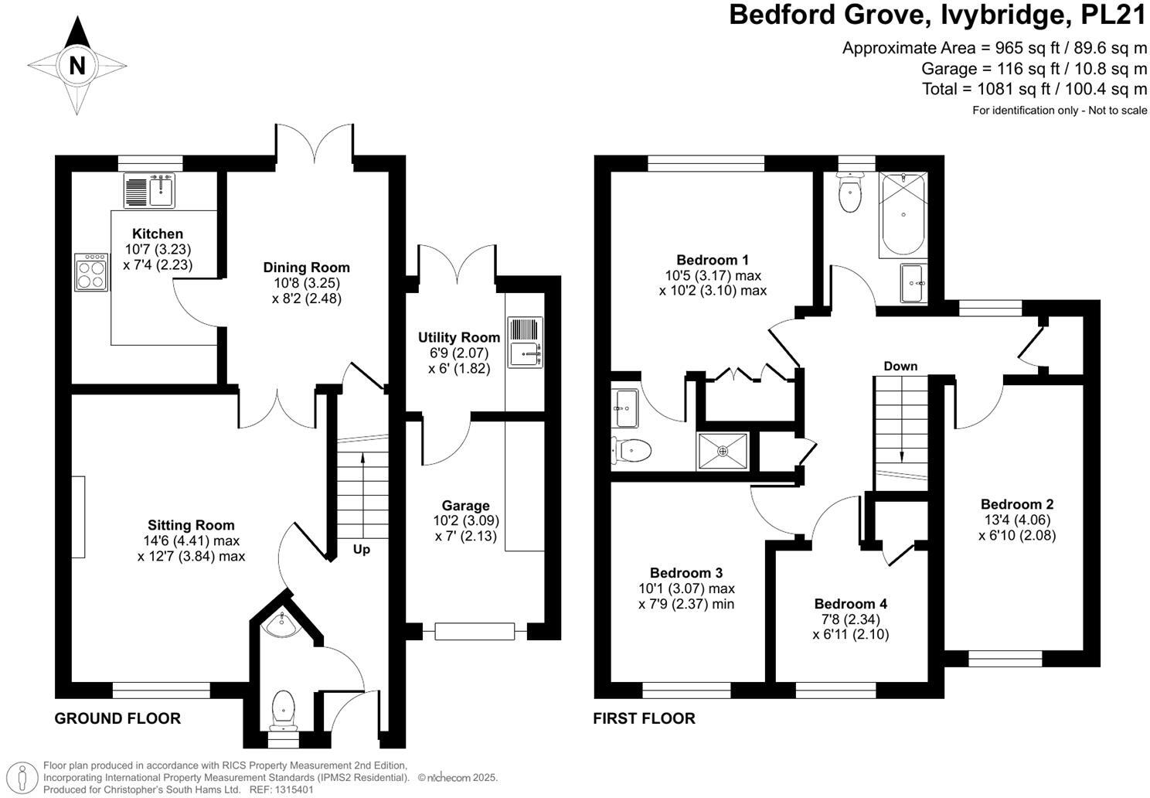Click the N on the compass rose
[77, 66]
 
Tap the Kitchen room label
[158, 234]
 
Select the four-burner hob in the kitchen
[91, 271]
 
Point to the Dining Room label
[306, 268]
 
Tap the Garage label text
[465, 506]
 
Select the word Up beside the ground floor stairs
[362, 550]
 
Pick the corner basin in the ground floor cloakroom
[281, 623]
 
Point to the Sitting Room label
[191, 525]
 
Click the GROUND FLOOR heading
[117, 718]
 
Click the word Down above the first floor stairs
[900, 366]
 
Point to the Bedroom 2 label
[1017, 504]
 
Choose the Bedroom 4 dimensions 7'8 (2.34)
[850, 619]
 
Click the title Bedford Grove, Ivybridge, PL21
[938, 15]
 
